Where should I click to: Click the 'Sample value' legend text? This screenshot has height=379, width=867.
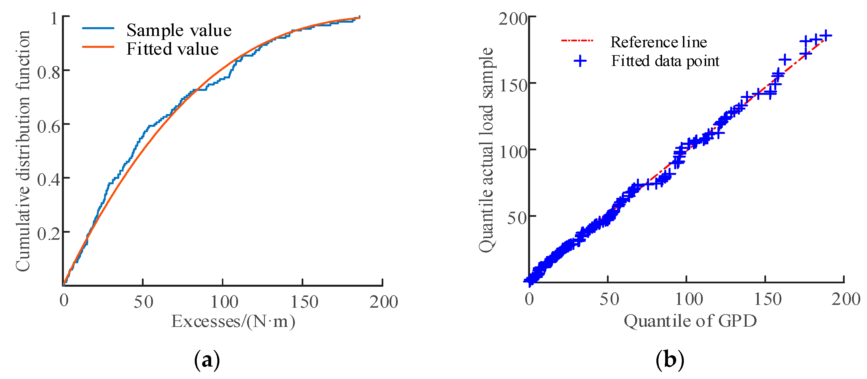(179, 30)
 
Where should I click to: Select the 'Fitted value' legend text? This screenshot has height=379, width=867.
(172, 49)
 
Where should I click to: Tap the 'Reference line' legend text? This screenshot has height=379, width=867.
(658, 42)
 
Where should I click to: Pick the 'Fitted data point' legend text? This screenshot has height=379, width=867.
(665, 61)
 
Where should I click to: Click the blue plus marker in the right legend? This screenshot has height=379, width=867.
(580, 61)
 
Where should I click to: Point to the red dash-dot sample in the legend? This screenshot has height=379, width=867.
(577, 41)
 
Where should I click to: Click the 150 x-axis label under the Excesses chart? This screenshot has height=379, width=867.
(304, 301)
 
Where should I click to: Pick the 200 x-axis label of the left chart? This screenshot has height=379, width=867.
(383, 301)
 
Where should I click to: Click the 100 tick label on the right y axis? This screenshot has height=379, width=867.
(513, 152)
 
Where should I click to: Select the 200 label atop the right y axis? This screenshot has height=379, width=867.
(513, 19)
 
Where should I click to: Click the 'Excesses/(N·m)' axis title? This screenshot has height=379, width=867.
(233, 321)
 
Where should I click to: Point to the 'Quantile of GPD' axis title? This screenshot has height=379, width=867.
(690, 321)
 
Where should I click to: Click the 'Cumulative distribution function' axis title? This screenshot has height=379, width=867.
(23, 151)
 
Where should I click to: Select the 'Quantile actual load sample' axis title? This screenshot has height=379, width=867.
(486, 150)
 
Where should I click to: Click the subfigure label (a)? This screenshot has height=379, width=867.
(207, 360)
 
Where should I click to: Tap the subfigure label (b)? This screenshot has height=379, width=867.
(670, 360)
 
